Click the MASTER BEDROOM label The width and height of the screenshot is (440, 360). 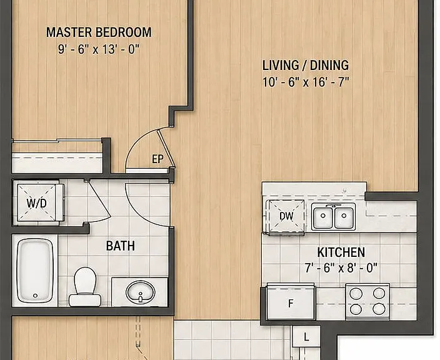99,32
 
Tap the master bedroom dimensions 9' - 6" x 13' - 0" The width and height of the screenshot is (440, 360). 99,49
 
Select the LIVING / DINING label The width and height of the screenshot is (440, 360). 306,65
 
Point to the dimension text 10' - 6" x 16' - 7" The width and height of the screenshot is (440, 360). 306,82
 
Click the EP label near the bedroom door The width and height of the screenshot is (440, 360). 157,159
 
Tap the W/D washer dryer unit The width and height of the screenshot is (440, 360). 36,202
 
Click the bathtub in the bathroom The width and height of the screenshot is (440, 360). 35,270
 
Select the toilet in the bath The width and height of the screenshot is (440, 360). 85,286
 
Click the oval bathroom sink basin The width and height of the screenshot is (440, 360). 140,292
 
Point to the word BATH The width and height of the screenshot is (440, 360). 121,246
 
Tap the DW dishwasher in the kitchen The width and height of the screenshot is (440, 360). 286,216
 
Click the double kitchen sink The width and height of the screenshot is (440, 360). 333,216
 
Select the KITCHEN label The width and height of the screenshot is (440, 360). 341,252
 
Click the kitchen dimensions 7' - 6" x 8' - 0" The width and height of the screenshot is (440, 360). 341,268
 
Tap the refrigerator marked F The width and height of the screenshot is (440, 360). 291,302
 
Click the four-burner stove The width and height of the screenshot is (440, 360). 367,301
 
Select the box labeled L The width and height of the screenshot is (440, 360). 306,336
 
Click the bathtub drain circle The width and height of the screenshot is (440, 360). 35,296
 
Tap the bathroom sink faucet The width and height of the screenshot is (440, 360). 140,297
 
